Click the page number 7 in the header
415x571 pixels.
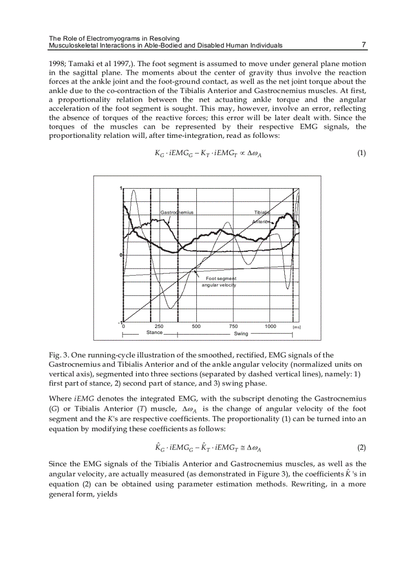pyautogui.click(x=364, y=45)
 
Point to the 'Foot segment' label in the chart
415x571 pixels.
pyautogui.click(x=221, y=279)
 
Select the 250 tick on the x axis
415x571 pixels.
pyautogui.click(x=159, y=326)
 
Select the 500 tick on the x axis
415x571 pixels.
pyautogui.click(x=196, y=326)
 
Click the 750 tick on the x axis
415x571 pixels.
pyautogui.click(x=233, y=326)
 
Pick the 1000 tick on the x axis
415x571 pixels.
pyautogui.click(x=271, y=326)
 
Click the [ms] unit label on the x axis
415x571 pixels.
pyautogui.click(x=297, y=327)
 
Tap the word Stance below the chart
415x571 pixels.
pyautogui.click(x=154, y=333)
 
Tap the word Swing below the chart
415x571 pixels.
pyautogui.click(x=241, y=334)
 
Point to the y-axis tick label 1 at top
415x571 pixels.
pyautogui.click(x=121, y=189)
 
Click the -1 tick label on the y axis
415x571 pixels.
pyautogui.click(x=120, y=322)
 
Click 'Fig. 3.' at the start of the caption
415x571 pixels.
pyautogui.click(x=58, y=355)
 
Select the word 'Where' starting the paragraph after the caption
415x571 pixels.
pyautogui.click(x=60, y=398)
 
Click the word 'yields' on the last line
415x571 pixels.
pyautogui.click(x=107, y=494)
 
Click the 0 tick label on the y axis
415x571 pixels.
pyautogui.click(x=121, y=255)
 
